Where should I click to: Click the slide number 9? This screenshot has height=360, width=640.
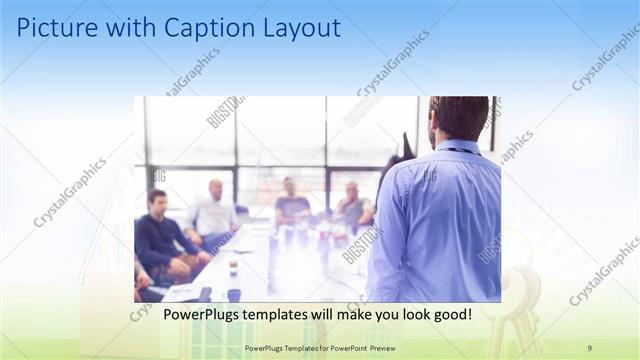pos(589,347)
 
